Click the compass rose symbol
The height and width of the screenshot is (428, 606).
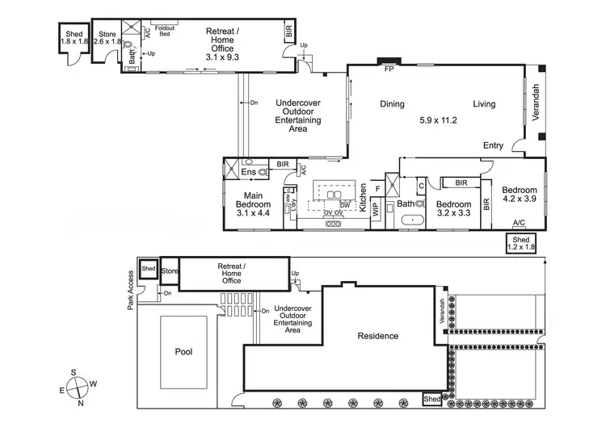pyautogui.click(x=79, y=386)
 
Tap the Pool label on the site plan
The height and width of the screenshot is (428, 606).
pyautogui.click(x=185, y=352)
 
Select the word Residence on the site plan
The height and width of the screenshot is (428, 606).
pyautogui.click(x=378, y=335)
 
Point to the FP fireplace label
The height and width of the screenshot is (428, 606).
pyautogui.click(x=389, y=69)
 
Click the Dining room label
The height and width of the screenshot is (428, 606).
pyautogui.click(x=393, y=103)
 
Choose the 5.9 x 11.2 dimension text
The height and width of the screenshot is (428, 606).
pyautogui.click(x=439, y=120)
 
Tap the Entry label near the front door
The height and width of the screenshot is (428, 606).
pyautogui.click(x=493, y=145)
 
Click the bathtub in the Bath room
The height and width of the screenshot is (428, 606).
pyautogui.click(x=413, y=219)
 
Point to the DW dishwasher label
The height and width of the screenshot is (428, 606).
pyautogui.click(x=345, y=206)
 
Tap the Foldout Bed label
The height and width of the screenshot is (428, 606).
pyautogui.click(x=166, y=29)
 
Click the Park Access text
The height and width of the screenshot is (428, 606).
pyautogui.click(x=129, y=292)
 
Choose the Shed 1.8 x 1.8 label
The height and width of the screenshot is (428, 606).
pyautogui.click(x=72, y=36)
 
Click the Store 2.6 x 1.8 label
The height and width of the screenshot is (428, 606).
pyautogui.click(x=107, y=38)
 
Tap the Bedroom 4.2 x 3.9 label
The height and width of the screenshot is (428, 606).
pyautogui.click(x=519, y=194)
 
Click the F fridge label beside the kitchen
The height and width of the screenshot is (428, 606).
pyautogui.click(x=377, y=188)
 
